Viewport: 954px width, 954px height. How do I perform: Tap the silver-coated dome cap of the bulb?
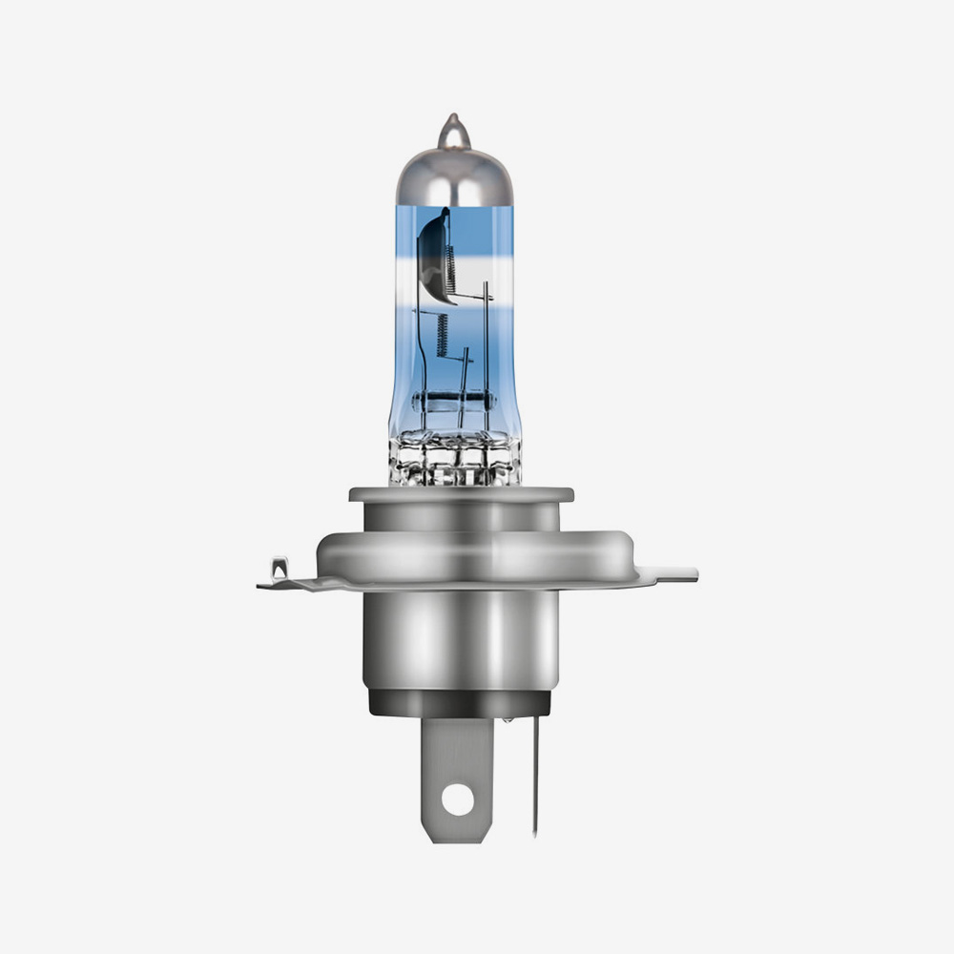(x=454, y=176)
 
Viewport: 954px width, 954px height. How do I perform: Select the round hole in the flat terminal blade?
(x=457, y=799)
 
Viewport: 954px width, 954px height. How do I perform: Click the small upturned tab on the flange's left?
(x=278, y=570)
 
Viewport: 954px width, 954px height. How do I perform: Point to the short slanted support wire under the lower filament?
(x=464, y=382)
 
